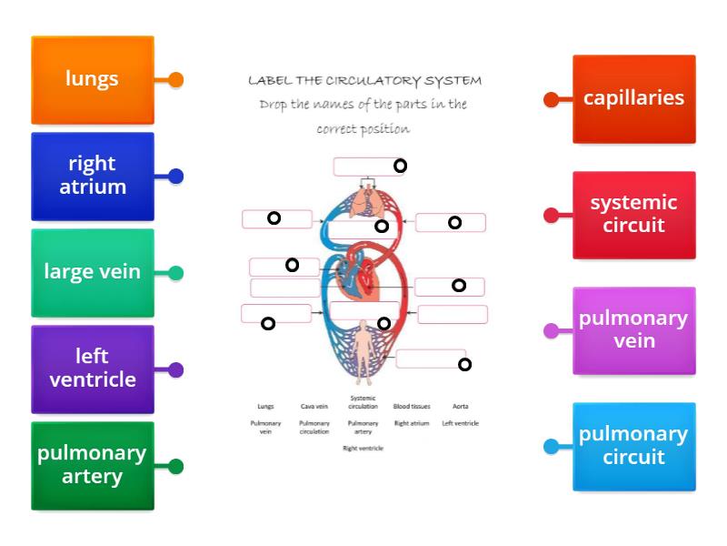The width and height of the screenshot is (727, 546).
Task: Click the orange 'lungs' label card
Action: point(92,79)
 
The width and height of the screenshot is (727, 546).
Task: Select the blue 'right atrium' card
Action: point(92,176)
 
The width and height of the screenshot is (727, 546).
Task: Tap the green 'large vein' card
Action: point(92,272)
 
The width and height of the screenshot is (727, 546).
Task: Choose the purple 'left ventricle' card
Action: point(92,369)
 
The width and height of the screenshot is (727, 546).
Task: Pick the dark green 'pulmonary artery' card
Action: point(92,465)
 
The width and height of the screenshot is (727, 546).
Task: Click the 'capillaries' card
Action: point(633,98)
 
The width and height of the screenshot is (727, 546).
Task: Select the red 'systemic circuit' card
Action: point(633,214)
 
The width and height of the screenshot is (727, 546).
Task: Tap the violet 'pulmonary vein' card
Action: point(633,329)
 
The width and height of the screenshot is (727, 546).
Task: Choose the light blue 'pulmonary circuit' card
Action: point(633,445)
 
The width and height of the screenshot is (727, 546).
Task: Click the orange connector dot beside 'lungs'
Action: point(176,79)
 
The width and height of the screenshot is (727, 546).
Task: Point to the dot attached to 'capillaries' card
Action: point(551,99)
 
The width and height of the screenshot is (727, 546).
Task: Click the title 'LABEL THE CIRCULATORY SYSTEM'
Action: point(364,80)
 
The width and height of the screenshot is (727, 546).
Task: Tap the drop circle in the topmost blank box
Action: point(400,166)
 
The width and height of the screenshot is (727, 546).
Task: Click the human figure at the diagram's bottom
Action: point(363,350)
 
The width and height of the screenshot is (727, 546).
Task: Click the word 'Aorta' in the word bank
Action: point(460,406)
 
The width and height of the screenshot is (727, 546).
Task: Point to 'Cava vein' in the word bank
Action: point(314,406)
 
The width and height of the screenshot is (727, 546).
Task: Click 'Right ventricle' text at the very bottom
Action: point(363,449)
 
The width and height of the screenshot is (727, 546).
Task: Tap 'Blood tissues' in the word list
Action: point(412,406)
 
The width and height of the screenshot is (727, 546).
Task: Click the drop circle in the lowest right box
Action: point(464,364)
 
